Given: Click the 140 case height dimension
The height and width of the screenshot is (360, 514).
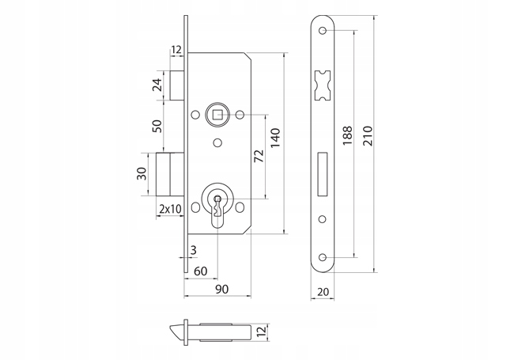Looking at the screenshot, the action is coord(275,138).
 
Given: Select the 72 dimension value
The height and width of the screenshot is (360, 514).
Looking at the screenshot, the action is coord(259,156).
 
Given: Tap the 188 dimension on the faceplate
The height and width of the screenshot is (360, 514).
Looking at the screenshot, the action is coord(347,135).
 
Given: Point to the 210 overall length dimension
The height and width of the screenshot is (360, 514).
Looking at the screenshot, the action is coord(368,135).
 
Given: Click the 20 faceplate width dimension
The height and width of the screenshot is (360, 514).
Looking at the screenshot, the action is coord(323,291).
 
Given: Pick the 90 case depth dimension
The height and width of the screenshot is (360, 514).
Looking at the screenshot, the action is coord(222,289).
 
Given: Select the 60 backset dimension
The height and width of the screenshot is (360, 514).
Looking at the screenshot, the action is coord(201,271).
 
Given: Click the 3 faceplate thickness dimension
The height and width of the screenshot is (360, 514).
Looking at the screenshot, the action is coord(194,250).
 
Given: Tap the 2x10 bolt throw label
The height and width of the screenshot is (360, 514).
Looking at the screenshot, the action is coord(170,209).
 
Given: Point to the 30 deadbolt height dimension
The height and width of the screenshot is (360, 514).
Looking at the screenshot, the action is coord(142,173).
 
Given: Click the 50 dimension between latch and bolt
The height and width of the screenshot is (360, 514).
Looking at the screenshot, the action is coord(157,126).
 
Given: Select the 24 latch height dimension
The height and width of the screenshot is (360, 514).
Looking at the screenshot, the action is coord(157,85).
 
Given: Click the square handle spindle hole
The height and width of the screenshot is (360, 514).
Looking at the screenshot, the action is coord(217,115).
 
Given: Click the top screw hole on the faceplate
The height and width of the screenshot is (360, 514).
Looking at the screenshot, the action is coord(323,31).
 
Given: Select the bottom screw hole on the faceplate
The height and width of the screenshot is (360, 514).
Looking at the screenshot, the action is coord(323,257).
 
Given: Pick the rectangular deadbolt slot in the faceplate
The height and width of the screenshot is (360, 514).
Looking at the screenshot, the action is coord(323,174).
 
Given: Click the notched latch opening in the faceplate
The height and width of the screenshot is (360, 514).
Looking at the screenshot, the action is coord(322,85).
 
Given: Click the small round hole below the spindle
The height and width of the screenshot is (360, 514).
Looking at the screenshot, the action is coord(217,142).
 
